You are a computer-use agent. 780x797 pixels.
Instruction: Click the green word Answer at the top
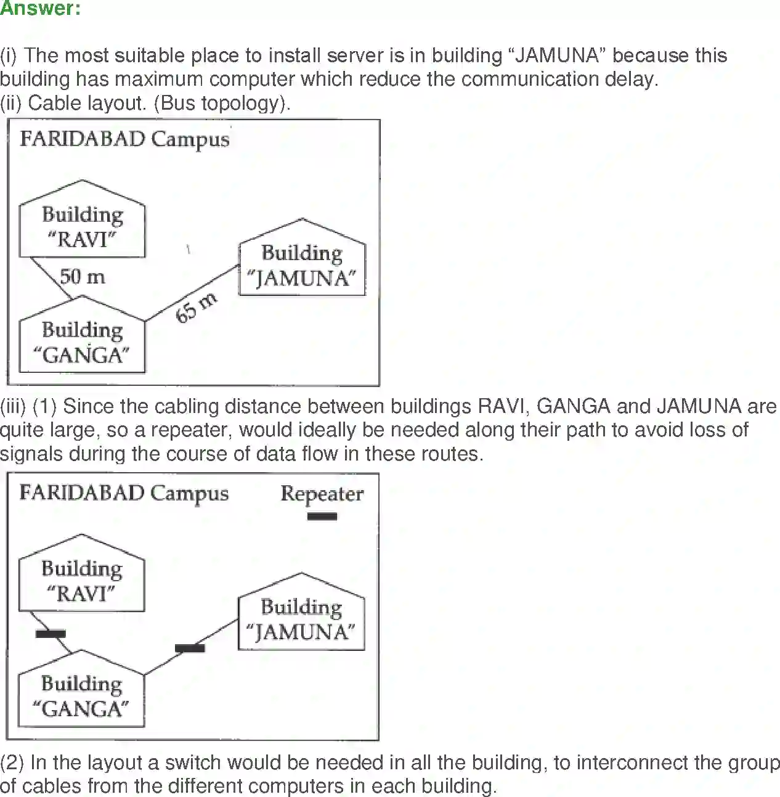click(40, 9)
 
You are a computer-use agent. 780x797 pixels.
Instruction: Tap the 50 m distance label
click(83, 277)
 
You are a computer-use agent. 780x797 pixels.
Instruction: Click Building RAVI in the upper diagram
click(82, 227)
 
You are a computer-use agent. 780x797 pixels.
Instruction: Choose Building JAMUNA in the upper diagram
click(302, 265)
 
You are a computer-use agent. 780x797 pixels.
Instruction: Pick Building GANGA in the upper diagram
click(82, 342)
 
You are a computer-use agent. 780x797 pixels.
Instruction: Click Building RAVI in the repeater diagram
click(81, 581)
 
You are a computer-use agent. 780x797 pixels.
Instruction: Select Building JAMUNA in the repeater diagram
click(301, 619)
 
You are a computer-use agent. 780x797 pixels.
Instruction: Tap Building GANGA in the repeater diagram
click(81, 696)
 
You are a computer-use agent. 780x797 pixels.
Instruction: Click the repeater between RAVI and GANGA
click(51, 633)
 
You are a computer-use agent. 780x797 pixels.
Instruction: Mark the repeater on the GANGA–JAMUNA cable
click(190, 648)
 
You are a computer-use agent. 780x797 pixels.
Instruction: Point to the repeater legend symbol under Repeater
click(322, 517)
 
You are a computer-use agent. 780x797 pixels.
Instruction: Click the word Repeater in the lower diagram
click(322, 494)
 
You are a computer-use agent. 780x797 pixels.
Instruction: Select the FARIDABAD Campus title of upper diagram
click(124, 139)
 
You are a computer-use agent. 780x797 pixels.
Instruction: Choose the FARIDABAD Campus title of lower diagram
click(124, 493)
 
